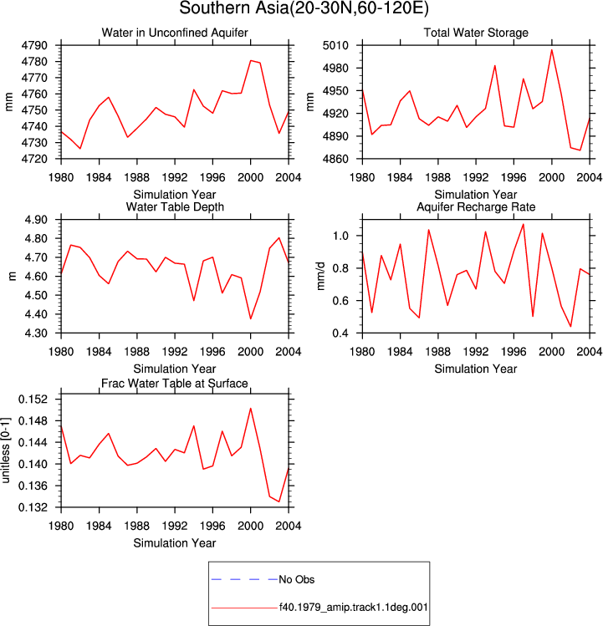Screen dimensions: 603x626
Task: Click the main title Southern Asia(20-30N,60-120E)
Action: [304, 8]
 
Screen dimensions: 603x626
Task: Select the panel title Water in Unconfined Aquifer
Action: [175, 33]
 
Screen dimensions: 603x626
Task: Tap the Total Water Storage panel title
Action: [476, 33]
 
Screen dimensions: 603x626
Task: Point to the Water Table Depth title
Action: [175, 206]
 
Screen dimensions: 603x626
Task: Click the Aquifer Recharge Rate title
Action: [476, 206]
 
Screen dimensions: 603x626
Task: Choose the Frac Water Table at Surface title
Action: [175, 384]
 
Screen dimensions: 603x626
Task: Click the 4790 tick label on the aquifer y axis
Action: [34, 45]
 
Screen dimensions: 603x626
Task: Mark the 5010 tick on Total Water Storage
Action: [335, 45]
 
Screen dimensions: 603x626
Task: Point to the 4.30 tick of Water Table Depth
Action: [36, 333]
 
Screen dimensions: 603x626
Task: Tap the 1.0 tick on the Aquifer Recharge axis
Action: [340, 236]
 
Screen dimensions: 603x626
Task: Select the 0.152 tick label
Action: [33, 400]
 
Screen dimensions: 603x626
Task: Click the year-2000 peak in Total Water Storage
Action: [552, 50]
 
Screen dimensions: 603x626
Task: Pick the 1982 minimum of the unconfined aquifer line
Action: [80, 149]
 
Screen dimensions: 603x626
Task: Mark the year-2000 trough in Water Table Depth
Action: [251, 318]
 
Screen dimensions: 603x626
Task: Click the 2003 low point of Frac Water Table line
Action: [279, 501]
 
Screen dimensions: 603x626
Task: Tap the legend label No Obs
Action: [297, 579]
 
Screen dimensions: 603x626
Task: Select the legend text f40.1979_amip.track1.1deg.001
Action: [353, 608]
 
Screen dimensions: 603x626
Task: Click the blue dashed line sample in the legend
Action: [244, 579]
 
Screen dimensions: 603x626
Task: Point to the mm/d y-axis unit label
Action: [321, 277]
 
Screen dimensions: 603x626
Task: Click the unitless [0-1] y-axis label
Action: [5, 450]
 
